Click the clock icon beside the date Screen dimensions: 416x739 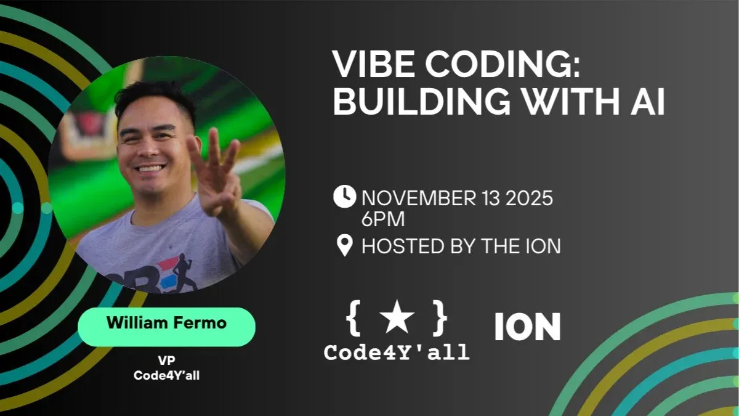tap(344, 197)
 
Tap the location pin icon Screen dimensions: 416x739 tap(344, 245)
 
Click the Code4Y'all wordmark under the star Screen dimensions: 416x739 tap(397, 353)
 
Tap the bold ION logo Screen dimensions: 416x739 tap(528, 327)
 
